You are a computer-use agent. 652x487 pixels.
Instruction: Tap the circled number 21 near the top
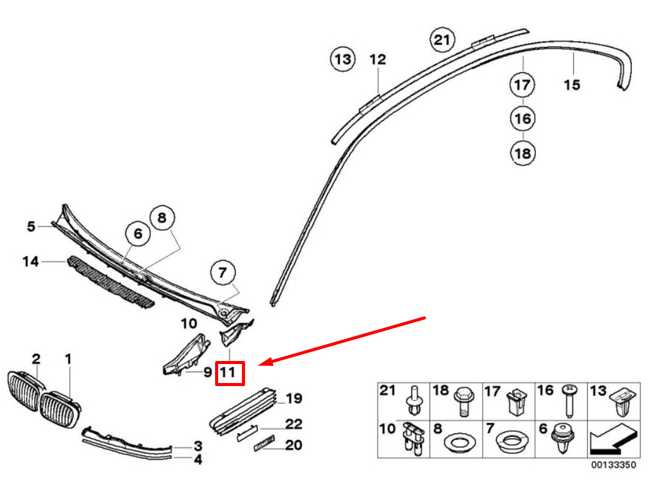[x=442, y=40]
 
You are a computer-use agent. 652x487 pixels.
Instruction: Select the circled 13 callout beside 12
[x=343, y=59]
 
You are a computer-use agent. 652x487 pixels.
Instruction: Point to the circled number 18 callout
[x=522, y=153]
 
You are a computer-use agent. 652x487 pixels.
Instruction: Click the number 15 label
[x=572, y=85]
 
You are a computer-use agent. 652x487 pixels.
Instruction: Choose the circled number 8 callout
[x=162, y=217]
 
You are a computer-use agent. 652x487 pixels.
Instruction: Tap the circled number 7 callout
[x=223, y=273]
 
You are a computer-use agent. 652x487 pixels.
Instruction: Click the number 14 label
[x=31, y=261]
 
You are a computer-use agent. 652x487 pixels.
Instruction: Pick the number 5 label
[x=31, y=226]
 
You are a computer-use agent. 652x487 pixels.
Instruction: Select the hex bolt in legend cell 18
[x=464, y=401]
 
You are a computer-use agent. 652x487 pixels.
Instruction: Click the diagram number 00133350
[x=614, y=464]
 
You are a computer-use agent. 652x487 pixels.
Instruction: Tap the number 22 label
[x=293, y=424]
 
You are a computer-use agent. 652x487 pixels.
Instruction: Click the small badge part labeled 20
[x=264, y=443]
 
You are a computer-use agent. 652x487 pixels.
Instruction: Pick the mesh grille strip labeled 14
[x=111, y=282]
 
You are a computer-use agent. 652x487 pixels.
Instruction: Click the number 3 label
[x=198, y=446]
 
